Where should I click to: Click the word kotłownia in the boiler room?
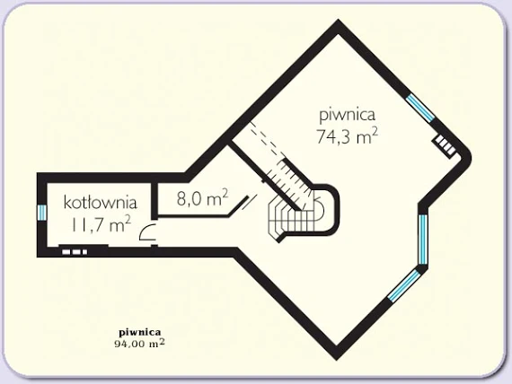100,203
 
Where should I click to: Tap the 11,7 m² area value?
101,224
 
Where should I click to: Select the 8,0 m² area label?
202,197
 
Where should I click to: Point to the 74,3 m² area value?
348,135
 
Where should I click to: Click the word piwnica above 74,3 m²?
347,115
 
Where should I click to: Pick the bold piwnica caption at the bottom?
140,333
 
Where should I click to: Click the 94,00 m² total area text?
139,344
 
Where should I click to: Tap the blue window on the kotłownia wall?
42,213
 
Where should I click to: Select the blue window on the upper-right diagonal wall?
420,108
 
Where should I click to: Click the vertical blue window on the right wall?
422,240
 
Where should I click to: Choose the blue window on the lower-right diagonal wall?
404,285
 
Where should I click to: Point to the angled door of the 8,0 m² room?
239,206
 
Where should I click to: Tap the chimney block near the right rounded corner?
445,145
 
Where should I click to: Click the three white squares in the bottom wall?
75,252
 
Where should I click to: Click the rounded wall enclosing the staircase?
335,209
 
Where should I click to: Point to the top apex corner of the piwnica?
338,25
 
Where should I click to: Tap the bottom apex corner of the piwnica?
336,356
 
